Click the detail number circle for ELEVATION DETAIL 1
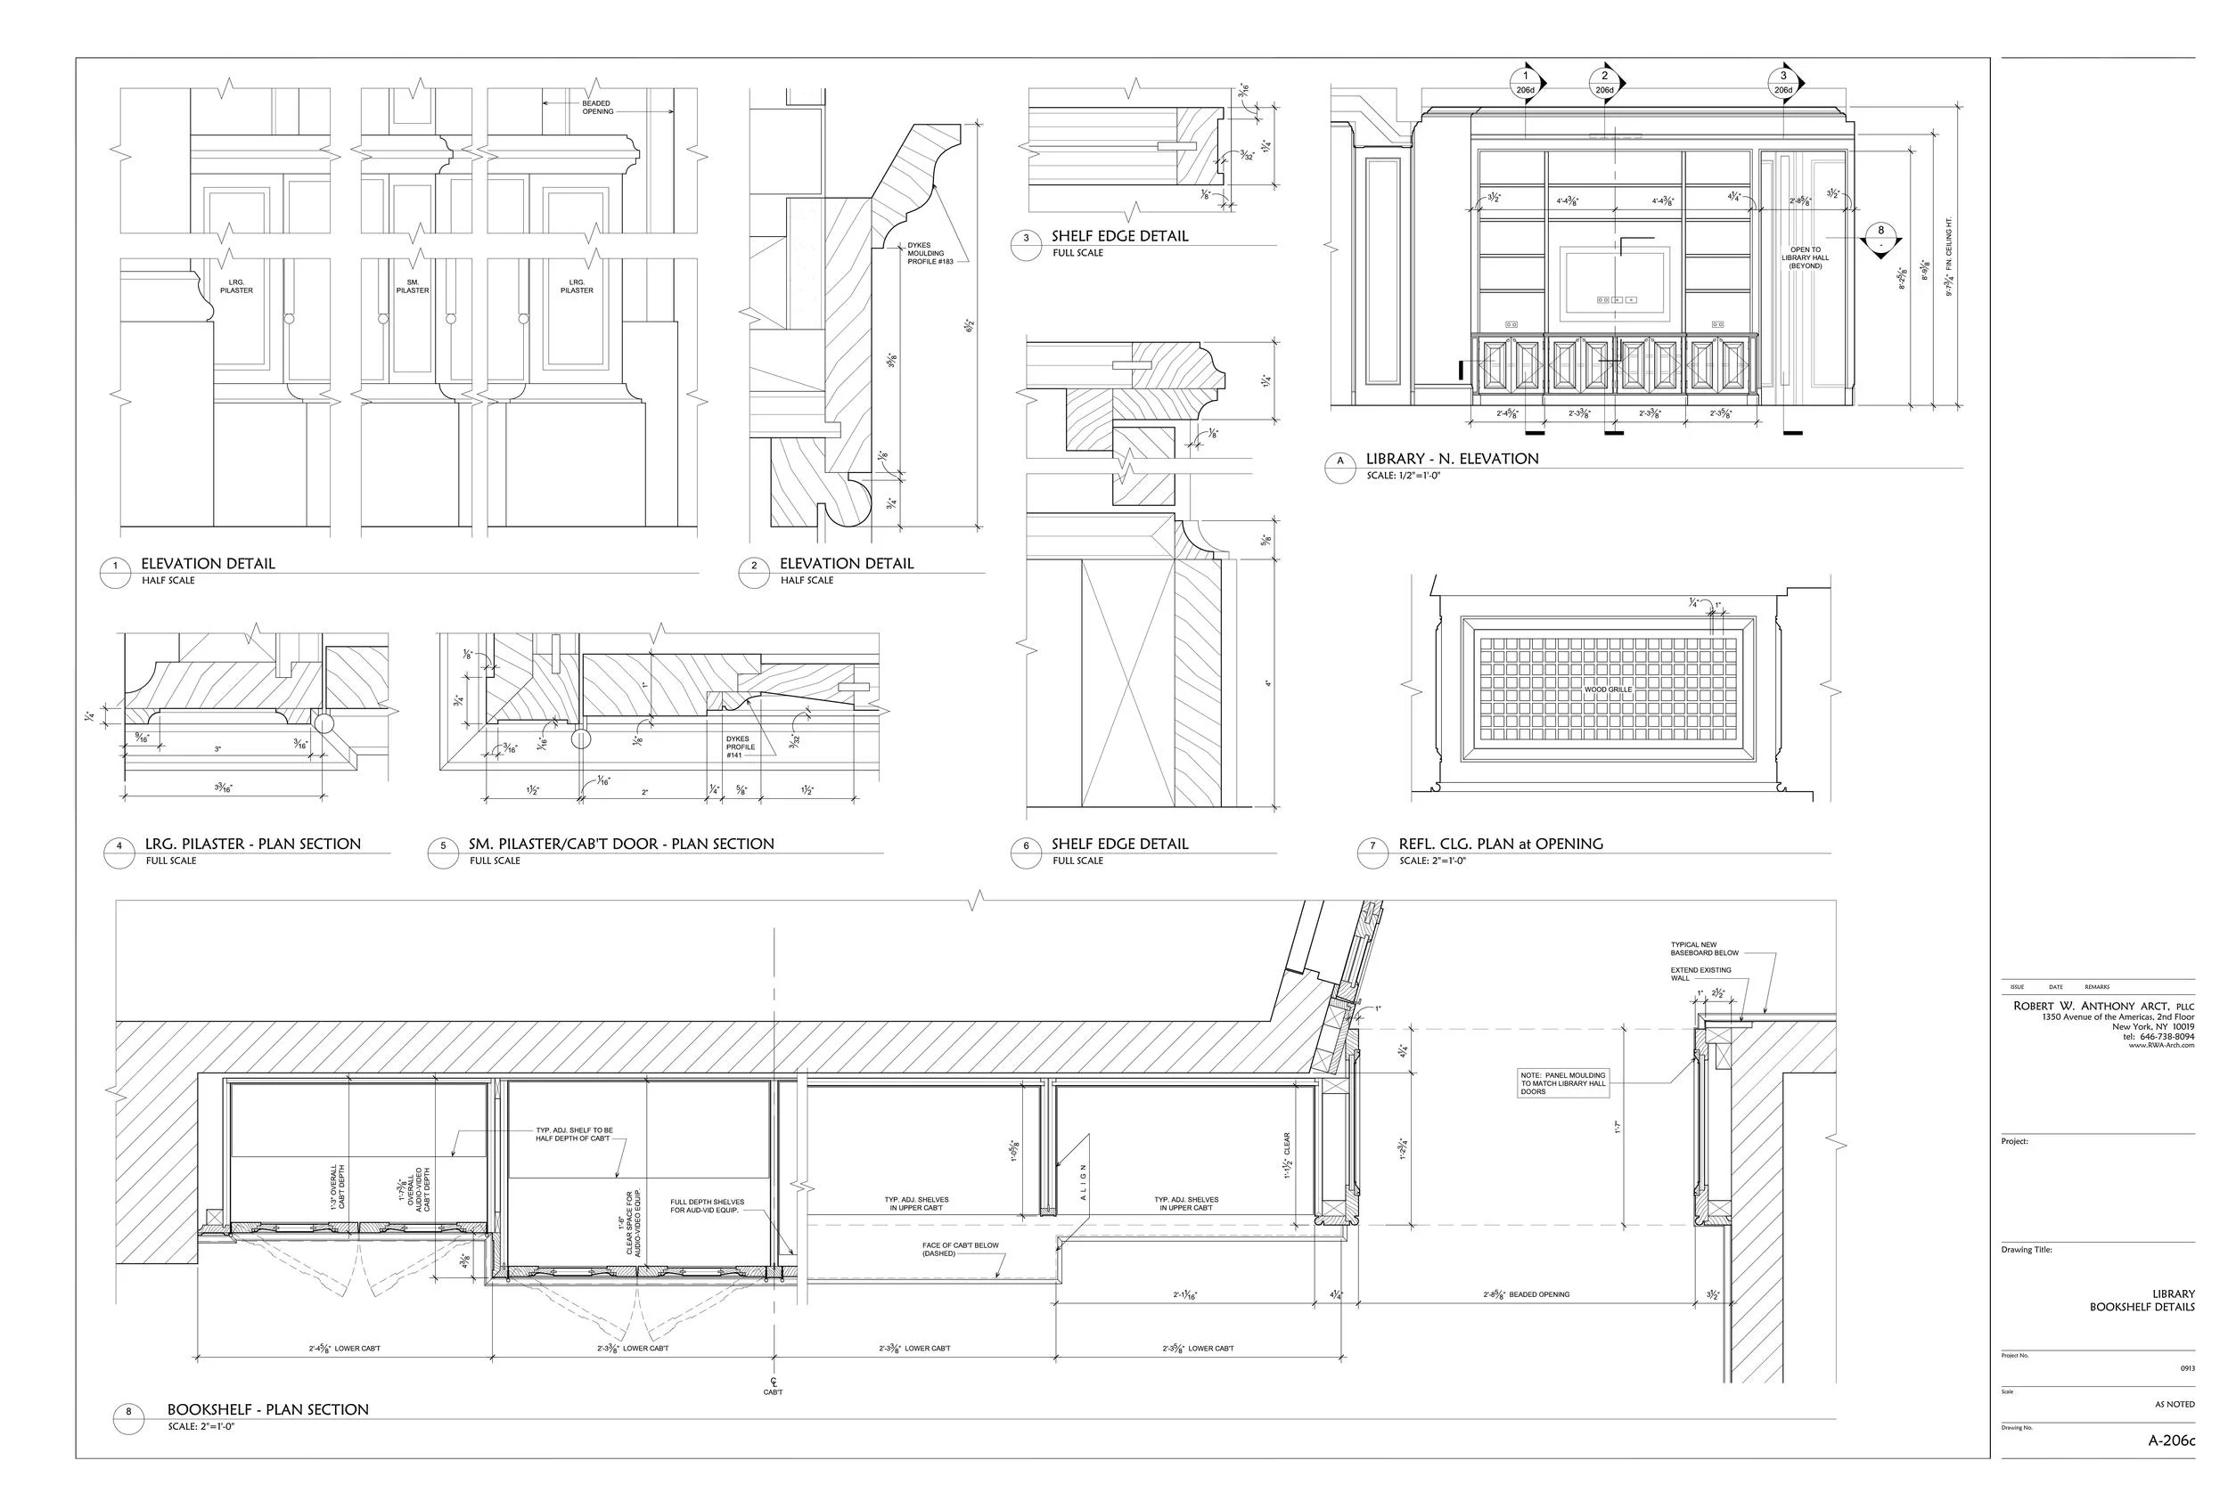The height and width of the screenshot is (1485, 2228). click(x=116, y=567)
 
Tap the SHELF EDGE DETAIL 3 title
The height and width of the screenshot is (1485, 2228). click(x=1118, y=237)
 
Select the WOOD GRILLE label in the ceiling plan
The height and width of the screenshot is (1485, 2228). click(x=1608, y=689)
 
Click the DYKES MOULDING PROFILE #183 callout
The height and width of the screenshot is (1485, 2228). click(x=930, y=253)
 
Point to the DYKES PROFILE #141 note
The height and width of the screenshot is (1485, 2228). click(x=740, y=747)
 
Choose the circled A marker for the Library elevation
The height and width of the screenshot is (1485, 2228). click(x=1339, y=461)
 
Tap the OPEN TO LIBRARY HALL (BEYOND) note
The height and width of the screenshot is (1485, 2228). click(x=1805, y=257)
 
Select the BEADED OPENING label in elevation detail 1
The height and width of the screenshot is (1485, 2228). click(x=597, y=107)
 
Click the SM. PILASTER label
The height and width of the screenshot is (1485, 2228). click(x=412, y=286)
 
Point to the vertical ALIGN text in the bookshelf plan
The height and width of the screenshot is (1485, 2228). click(x=1083, y=1183)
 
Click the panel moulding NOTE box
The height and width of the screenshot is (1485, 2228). click(x=1563, y=1083)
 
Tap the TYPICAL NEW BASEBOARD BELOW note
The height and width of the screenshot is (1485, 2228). click(x=1704, y=948)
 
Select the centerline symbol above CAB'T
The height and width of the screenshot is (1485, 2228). click(x=773, y=1381)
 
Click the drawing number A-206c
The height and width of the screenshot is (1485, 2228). click(x=2170, y=1440)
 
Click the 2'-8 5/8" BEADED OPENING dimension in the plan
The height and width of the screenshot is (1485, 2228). click(x=1526, y=1293)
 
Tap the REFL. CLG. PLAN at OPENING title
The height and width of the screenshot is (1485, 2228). click(x=1501, y=844)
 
